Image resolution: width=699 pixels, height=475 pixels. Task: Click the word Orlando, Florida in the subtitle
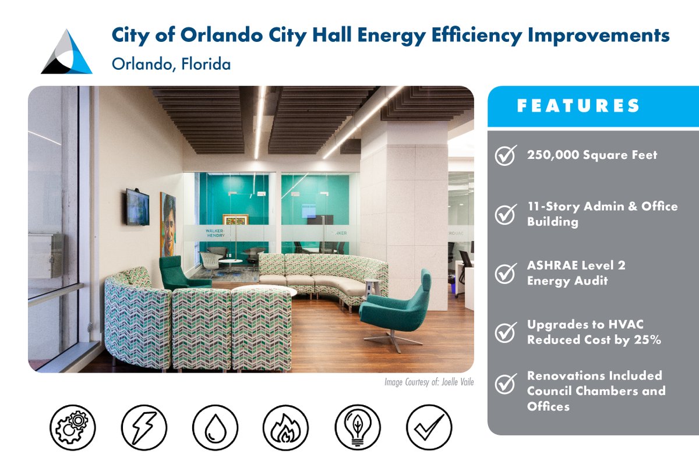pyautogui.click(x=171, y=63)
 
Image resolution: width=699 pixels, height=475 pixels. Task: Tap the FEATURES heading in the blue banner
pyautogui.click(x=578, y=106)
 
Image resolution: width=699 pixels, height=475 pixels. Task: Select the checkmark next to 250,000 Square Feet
pyautogui.click(x=505, y=155)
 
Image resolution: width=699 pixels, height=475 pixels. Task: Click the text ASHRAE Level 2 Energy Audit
pyautogui.click(x=567, y=273)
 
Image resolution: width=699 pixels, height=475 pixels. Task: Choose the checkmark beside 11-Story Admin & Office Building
pyautogui.click(x=505, y=214)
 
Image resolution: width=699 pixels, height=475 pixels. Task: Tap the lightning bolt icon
pyautogui.click(x=143, y=427)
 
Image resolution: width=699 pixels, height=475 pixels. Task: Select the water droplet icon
pyautogui.click(x=214, y=427)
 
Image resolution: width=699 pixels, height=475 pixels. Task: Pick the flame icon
pyautogui.click(x=285, y=427)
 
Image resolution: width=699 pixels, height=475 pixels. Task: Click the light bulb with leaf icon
pyautogui.click(x=357, y=427)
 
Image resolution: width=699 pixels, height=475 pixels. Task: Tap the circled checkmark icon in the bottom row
pyautogui.click(x=429, y=427)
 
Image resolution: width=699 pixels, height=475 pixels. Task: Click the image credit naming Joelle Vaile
pyautogui.click(x=429, y=382)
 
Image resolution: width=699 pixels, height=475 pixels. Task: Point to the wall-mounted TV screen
pyautogui.click(x=137, y=207)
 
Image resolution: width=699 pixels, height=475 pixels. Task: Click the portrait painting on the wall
pyautogui.click(x=168, y=217)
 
